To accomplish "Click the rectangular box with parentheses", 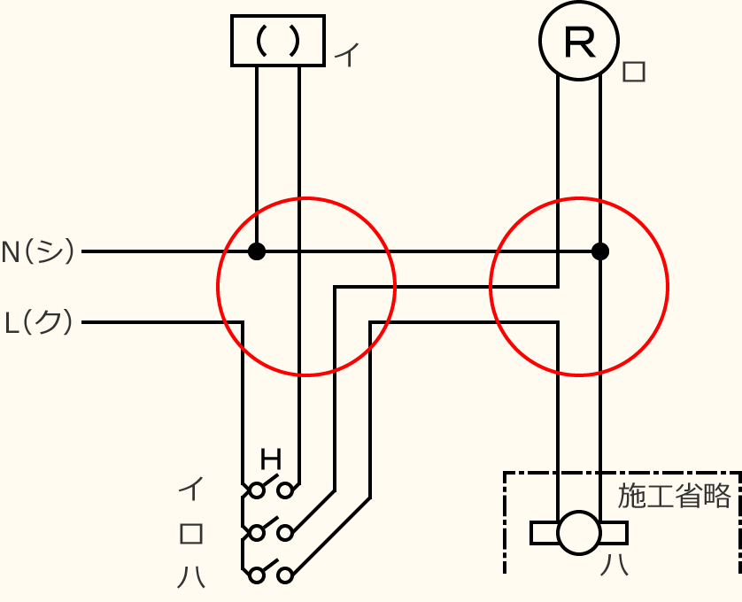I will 277,41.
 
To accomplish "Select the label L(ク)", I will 39,322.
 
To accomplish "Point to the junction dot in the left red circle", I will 257,251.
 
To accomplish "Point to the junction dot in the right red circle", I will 600,251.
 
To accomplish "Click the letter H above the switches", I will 271,460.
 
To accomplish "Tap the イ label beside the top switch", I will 191,489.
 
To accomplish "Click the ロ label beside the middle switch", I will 191,533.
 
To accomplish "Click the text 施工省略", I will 675,497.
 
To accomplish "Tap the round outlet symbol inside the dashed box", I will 579,533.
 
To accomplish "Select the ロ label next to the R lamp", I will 634,72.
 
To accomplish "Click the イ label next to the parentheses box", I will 346,57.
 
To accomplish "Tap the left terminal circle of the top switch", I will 257,490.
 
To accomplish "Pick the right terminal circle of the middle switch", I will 285,533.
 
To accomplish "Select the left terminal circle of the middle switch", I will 257,533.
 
